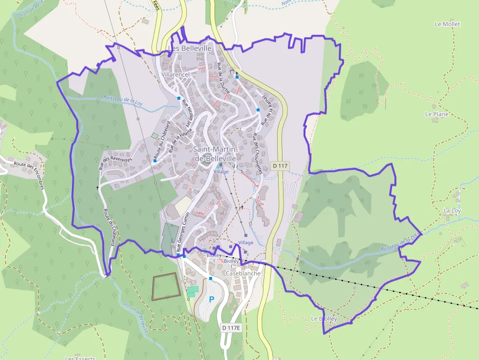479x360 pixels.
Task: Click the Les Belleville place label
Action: click(x=190, y=48)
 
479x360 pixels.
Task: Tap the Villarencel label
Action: click(x=175, y=74)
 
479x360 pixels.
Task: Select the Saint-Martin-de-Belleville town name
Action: click(x=215, y=154)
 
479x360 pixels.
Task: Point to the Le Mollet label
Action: click(x=447, y=24)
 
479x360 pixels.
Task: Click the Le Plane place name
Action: click(x=436, y=114)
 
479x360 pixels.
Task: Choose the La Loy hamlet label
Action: click(x=452, y=211)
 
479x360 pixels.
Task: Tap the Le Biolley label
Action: click(x=324, y=318)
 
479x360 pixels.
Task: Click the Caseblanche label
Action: click(x=243, y=274)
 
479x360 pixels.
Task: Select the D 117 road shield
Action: click(x=280, y=166)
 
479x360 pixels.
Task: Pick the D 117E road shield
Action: click(x=231, y=327)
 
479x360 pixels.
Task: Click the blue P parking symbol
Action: click(x=212, y=299)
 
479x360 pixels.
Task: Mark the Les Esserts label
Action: click(x=79, y=357)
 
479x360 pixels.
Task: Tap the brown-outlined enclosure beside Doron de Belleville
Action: click(x=166, y=287)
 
